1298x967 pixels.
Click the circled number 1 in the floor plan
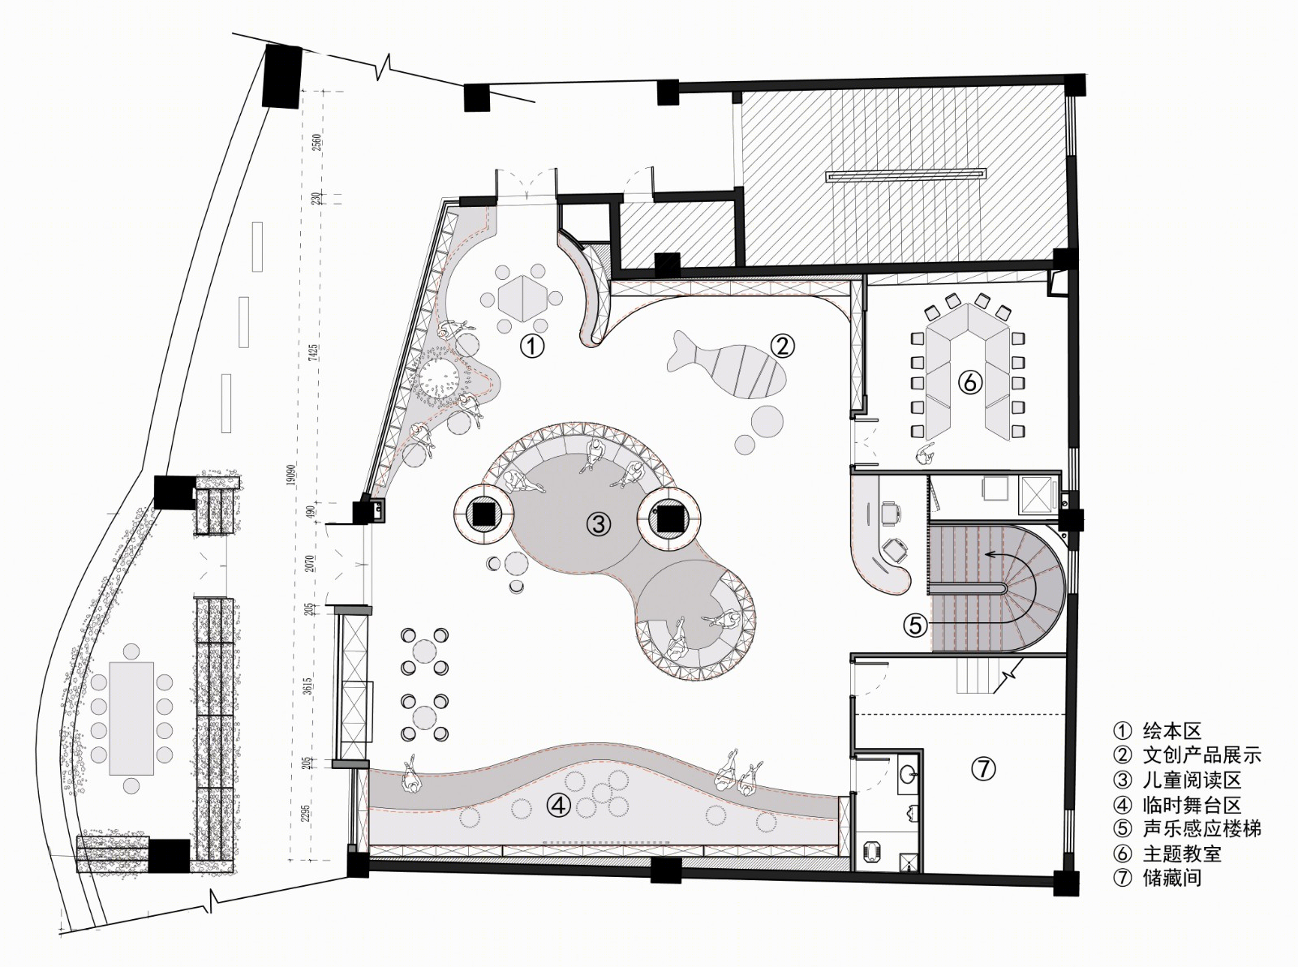tap(532, 346)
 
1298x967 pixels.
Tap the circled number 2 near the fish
tap(782, 346)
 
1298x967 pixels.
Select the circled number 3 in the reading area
tap(599, 524)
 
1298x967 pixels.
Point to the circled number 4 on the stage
tap(559, 806)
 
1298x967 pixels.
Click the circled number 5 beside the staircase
tap(915, 625)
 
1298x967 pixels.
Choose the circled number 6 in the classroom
tap(969, 383)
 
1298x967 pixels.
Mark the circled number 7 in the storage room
tap(983, 767)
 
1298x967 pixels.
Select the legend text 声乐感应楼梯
tap(1201, 829)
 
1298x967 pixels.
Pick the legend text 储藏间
tap(1172, 878)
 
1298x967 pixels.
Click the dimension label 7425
tap(314, 352)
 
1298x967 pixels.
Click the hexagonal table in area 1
tap(522, 299)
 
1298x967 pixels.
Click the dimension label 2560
tap(316, 143)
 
